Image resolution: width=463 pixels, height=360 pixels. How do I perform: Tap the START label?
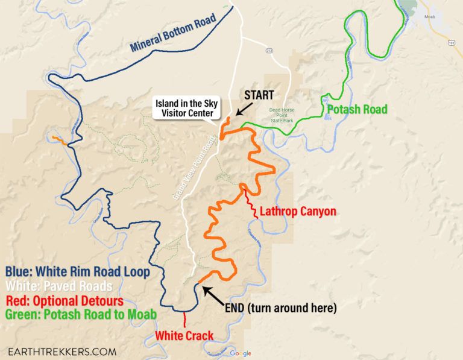coord(259,95)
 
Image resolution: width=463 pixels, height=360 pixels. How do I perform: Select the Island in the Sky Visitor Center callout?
coord(187,108)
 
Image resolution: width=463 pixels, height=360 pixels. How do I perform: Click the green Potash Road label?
coord(357,110)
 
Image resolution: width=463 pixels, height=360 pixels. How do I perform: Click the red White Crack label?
coord(184,335)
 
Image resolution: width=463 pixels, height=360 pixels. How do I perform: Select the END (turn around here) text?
coord(280,308)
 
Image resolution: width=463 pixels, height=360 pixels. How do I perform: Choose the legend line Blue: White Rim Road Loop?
coord(77,272)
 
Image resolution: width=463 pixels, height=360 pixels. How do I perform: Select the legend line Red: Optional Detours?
coord(64,300)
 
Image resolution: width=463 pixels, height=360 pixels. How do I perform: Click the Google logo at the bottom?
coord(240,353)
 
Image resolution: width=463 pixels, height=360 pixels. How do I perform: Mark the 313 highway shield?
coord(269,51)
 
